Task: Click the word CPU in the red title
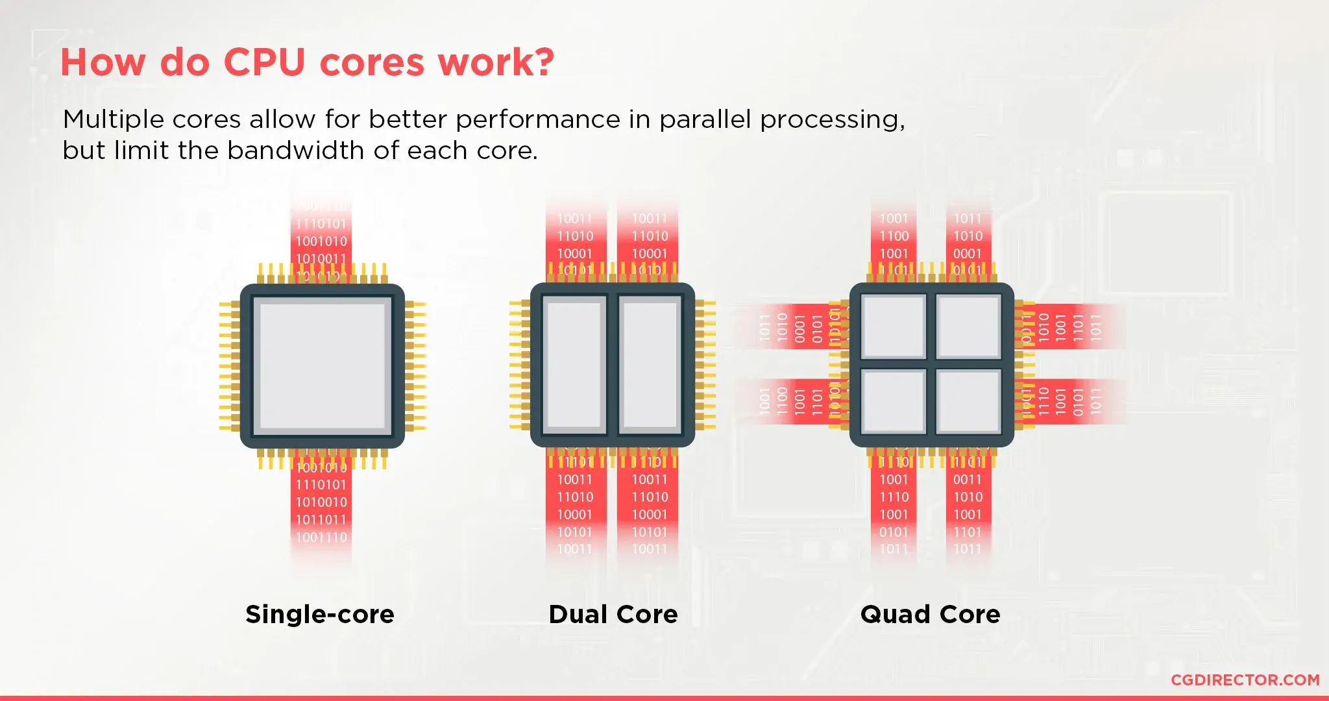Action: coord(264,62)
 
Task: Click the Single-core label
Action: coord(320,614)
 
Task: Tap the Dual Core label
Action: coord(613,614)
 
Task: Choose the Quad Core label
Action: coord(930,614)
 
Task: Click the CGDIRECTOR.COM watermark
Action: coord(1245,680)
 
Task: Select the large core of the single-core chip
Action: coord(323,366)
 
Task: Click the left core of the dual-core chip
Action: coord(574,365)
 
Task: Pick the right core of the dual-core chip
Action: coord(650,365)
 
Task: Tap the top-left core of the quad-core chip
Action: coord(894,326)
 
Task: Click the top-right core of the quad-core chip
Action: coord(968,326)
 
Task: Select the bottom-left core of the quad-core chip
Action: coord(894,401)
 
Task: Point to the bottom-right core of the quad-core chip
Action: coord(968,401)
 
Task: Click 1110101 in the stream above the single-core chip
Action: coord(321,224)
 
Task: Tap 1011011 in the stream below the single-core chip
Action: coord(321,520)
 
